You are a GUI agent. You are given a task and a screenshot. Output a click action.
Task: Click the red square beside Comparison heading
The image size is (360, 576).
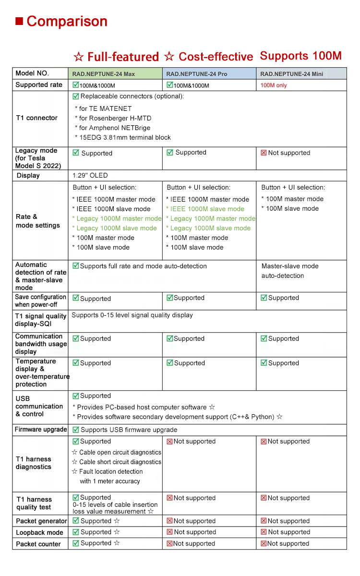[19, 21]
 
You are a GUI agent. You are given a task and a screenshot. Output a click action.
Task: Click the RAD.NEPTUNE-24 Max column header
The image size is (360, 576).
[104, 74]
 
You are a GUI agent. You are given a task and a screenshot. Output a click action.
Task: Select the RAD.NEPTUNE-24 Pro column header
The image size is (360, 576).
[197, 74]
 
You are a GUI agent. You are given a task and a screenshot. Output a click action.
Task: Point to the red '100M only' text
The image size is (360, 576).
[274, 85]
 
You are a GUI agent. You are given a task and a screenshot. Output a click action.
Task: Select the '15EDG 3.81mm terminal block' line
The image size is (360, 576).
[124, 137]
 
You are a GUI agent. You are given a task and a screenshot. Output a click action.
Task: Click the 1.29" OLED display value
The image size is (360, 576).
[90, 176]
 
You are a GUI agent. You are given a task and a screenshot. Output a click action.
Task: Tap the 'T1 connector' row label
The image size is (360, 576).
[36, 118]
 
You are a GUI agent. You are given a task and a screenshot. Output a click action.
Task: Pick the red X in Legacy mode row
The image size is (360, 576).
[264, 153]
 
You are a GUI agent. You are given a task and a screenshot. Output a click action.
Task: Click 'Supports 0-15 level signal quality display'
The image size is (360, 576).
[132, 315]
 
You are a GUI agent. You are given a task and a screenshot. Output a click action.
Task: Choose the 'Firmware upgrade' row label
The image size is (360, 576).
[41, 430]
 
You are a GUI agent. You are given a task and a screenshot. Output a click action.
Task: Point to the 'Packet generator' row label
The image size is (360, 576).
[41, 521]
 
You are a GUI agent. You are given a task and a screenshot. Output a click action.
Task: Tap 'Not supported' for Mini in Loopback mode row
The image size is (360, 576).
[289, 532]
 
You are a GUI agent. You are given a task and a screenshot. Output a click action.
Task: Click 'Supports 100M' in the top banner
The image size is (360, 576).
[300, 56]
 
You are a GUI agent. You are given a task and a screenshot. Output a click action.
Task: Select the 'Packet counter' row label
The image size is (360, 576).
[38, 544]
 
